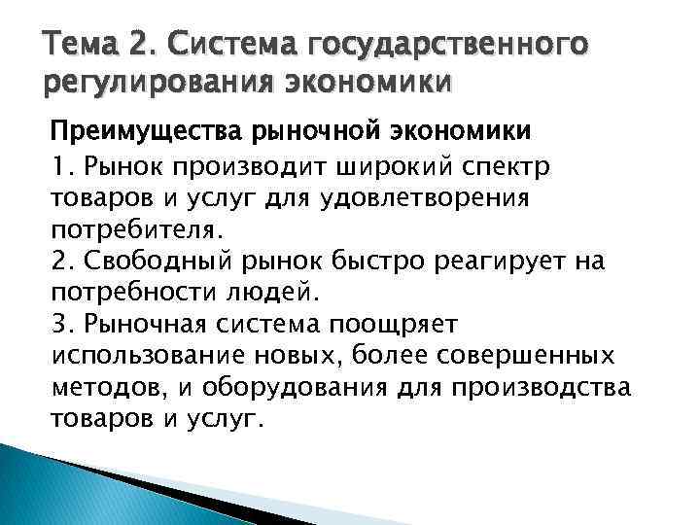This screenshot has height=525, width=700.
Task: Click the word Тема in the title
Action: click(77, 43)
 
